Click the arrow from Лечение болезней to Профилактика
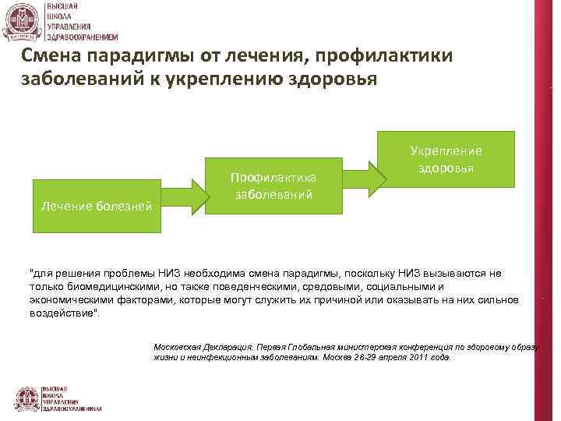pyautogui.click(x=184, y=196)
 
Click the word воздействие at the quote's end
pyautogui.click(x=63, y=311)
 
